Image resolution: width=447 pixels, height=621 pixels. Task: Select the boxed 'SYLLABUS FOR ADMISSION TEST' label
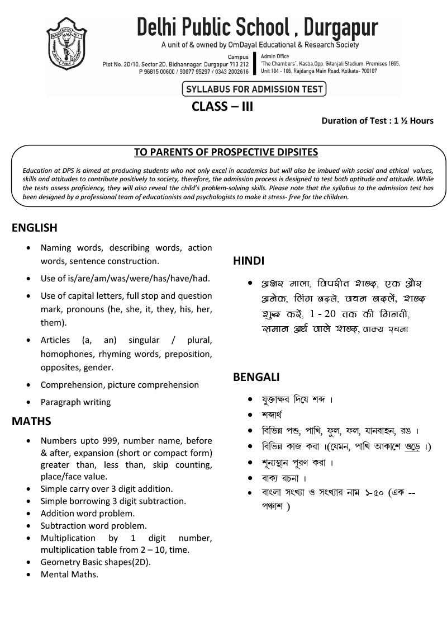254,89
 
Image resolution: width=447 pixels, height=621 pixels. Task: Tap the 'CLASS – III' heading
222,106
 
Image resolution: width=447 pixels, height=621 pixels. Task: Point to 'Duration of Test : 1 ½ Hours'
377,121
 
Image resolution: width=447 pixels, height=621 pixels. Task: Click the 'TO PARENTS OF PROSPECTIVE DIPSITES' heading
226,152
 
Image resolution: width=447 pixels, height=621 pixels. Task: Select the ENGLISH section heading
35,228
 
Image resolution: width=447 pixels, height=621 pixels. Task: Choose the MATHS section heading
31,421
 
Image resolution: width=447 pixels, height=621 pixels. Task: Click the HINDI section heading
249,261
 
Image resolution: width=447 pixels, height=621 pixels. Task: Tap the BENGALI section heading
256,378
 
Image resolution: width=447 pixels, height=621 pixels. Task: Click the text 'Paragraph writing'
75,402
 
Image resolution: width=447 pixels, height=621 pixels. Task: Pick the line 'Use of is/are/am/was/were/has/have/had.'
125,278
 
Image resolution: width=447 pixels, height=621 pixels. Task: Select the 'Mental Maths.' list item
69,574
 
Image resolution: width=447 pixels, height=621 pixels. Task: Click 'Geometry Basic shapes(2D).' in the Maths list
96,562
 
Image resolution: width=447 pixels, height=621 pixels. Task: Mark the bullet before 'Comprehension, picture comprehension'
28,385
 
